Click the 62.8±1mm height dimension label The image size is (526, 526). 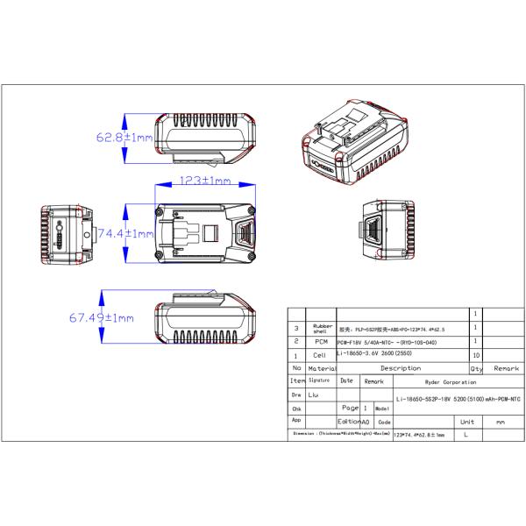pos(124,138)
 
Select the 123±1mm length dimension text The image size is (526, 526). pos(204,181)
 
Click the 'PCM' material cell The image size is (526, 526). pos(319,340)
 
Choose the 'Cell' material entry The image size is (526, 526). pos(319,355)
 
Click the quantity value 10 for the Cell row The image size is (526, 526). pos(476,355)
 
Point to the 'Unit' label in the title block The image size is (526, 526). pos(467,422)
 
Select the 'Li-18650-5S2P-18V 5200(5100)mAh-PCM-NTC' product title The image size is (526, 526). pos(454,399)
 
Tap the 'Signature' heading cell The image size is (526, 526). pos(319,381)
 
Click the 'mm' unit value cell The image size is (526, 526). pos(501,422)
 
